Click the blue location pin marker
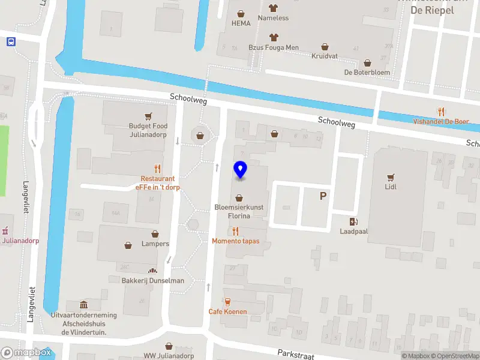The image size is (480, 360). [240, 170]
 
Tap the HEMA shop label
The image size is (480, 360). [241, 23]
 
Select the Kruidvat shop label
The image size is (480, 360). [325, 56]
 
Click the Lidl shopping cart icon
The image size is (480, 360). [391, 177]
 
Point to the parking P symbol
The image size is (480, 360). [323, 196]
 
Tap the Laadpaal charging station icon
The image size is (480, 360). [354, 221]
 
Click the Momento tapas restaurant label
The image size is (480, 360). [235, 241]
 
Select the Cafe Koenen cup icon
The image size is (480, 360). [227, 302]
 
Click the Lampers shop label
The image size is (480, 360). [155, 244]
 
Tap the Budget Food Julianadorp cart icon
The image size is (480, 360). [148, 116]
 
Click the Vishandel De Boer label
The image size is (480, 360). [441, 121]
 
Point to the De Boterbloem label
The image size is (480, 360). [367, 72]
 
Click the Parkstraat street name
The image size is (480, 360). [296, 355]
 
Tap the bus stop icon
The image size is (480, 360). [11, 41]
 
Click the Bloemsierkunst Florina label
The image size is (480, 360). [239, 211]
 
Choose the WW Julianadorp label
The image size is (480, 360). [169, 355]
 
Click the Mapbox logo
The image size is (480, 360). [26, 353]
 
